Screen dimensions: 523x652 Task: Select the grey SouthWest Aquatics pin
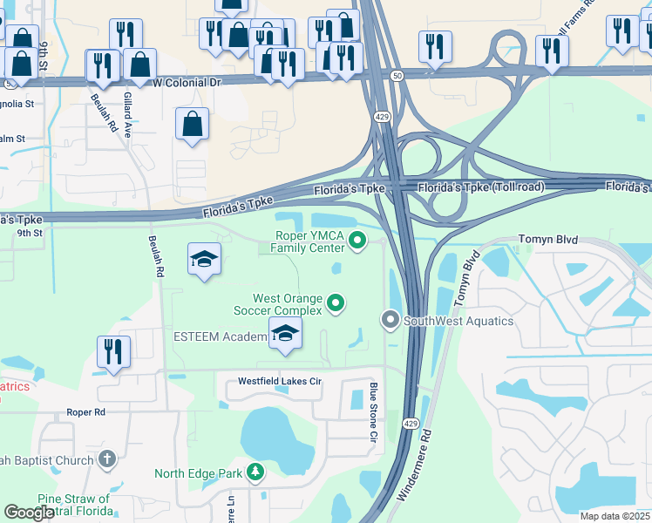pos(391,321)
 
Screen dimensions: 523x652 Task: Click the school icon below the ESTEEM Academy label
pos(285,335)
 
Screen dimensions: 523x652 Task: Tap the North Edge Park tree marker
pos(255,473)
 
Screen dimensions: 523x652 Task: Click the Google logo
pos(29,513)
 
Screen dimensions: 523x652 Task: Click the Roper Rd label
pos(85,411)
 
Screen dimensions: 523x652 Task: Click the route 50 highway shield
pos(397,76)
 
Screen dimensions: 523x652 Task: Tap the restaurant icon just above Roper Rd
pos(113,352)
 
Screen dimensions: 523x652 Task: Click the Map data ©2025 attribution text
pos(615,516)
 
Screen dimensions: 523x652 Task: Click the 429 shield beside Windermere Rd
pos(411,423)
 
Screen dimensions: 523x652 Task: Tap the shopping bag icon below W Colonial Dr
pos(192,124)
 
